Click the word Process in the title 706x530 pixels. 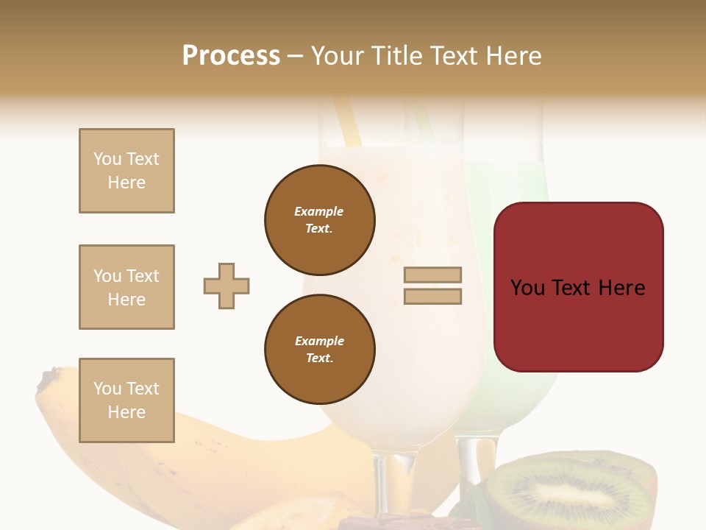point(231,56)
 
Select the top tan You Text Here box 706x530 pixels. point(126,171)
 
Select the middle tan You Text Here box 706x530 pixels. point(126,287)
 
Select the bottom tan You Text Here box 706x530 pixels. point(126,400)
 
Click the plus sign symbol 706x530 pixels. point(227,286)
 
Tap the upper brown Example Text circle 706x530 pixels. point(319,220)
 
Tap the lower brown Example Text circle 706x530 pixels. point(319,350)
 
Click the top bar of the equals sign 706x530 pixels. point(432,275)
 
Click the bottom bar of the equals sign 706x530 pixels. point(432,296)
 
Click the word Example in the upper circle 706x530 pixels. point(318,211)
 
